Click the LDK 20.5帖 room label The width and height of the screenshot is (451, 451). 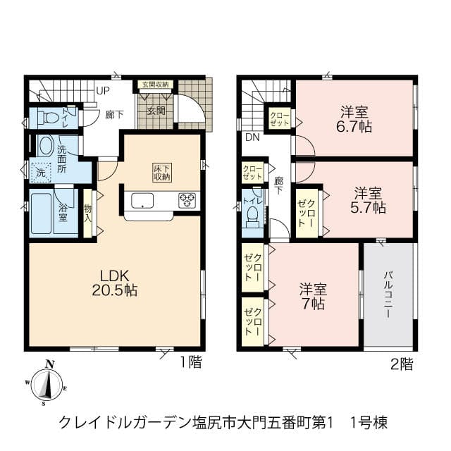(114, 283)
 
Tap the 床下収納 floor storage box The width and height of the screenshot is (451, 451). (162, 173)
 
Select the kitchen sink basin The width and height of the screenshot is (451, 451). (142, 200)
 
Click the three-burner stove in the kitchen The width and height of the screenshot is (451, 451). (187, 200)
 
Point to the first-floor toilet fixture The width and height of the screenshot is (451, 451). (48, 118)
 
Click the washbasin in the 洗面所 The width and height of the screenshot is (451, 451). (46, 146)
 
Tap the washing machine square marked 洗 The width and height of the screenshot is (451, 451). (41, 173)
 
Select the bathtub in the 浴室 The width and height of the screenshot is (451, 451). (42, 214)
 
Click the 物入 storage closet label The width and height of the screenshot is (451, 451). (87, 213)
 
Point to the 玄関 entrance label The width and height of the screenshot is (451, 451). (156, 111)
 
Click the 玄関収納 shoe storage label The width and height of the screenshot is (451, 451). (156, 85)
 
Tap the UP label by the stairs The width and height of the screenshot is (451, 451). (103, 91)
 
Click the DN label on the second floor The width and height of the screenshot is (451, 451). (252, 137)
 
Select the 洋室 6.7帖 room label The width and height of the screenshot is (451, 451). (354, 119)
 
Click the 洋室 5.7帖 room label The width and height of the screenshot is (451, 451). (368, 200)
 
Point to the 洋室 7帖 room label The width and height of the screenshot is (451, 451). (313, 297)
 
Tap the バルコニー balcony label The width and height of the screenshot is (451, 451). (388, 294)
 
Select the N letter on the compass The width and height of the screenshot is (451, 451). (50, 364)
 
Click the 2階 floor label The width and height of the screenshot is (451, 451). (402, 364)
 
